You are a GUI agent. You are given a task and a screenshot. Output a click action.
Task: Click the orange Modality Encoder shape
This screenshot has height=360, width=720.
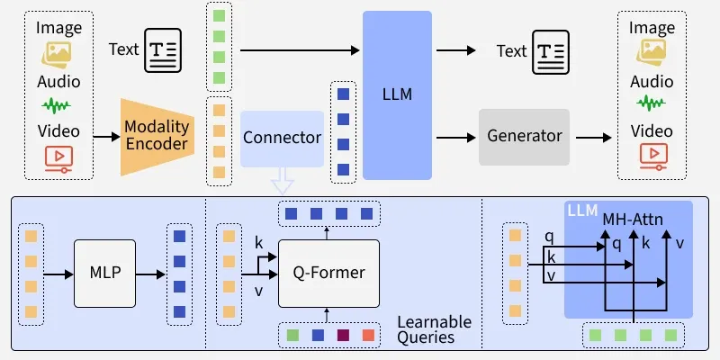[x=156, y=137]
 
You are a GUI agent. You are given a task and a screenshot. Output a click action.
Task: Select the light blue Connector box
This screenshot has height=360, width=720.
[x=282, y=138]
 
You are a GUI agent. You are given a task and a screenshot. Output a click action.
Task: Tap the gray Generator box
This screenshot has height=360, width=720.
[x=524, y=137]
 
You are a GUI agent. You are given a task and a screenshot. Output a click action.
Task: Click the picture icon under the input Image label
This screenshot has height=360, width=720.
[x=58, y=56]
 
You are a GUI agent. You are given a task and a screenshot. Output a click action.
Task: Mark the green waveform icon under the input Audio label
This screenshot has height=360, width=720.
[x=58, y=107]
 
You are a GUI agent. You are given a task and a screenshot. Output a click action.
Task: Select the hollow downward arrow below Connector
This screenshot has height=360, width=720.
[x=283, y=182]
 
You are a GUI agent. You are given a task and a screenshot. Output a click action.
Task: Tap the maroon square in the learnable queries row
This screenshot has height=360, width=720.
[x=343, y=336]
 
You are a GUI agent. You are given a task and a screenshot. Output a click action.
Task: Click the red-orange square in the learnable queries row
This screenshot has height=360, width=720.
[x=368, y=336]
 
